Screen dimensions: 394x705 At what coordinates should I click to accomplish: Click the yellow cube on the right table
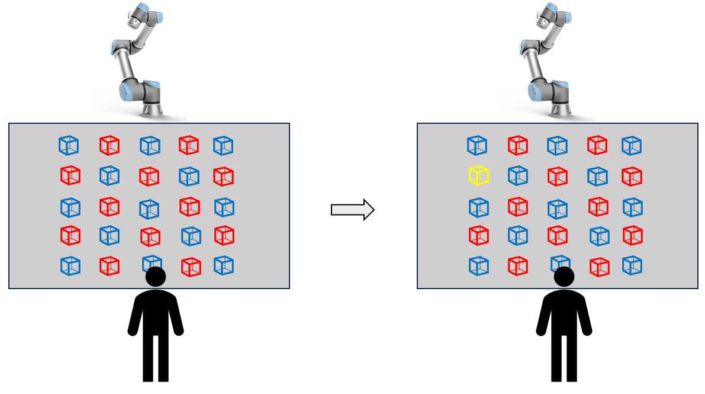click(x=478, y=175)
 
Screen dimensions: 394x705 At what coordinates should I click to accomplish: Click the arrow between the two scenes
click(x=353, y=209)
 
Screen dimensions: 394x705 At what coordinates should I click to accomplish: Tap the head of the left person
click(x=156, y=277)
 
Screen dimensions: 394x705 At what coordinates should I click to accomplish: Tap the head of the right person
click(x=564, y=277)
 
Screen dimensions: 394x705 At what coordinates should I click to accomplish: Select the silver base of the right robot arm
click(x=561, y=110)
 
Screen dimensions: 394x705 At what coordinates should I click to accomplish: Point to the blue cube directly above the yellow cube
click(x=477, y=145)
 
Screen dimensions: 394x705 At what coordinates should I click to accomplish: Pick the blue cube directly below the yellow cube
click(x=478, y=207)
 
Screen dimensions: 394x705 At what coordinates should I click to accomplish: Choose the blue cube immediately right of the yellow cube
click(x=517, y=175)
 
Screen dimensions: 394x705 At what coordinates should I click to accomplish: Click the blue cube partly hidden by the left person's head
click(x=152, y=262)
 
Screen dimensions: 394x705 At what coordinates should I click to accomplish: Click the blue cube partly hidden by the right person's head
click(x=560, y=262)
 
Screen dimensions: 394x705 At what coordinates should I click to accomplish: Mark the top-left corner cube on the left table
click(x=69, y=145)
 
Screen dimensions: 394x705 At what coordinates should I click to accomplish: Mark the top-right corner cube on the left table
click(x=223, y=145)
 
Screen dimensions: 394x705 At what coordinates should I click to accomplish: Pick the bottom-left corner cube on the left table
click(x=70, y=265)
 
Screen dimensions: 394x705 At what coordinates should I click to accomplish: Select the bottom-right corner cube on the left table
click(x=224, y=265)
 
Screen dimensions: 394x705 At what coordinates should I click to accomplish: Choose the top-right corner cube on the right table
click(x=632, y=145)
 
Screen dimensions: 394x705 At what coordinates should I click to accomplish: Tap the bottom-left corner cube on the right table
click(x=478, y=265)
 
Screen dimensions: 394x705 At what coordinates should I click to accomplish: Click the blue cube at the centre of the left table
click(x=149, y=209)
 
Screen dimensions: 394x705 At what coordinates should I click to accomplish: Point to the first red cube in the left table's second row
click(x=70, y=175)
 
